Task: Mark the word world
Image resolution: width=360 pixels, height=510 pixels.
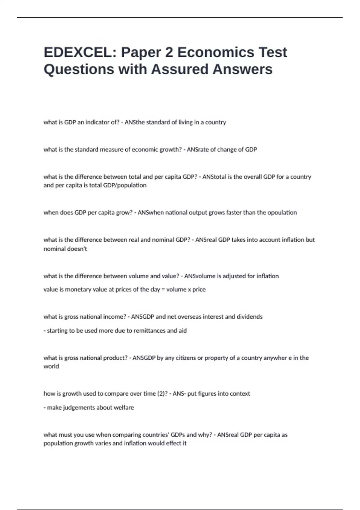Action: tap(51, 366)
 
